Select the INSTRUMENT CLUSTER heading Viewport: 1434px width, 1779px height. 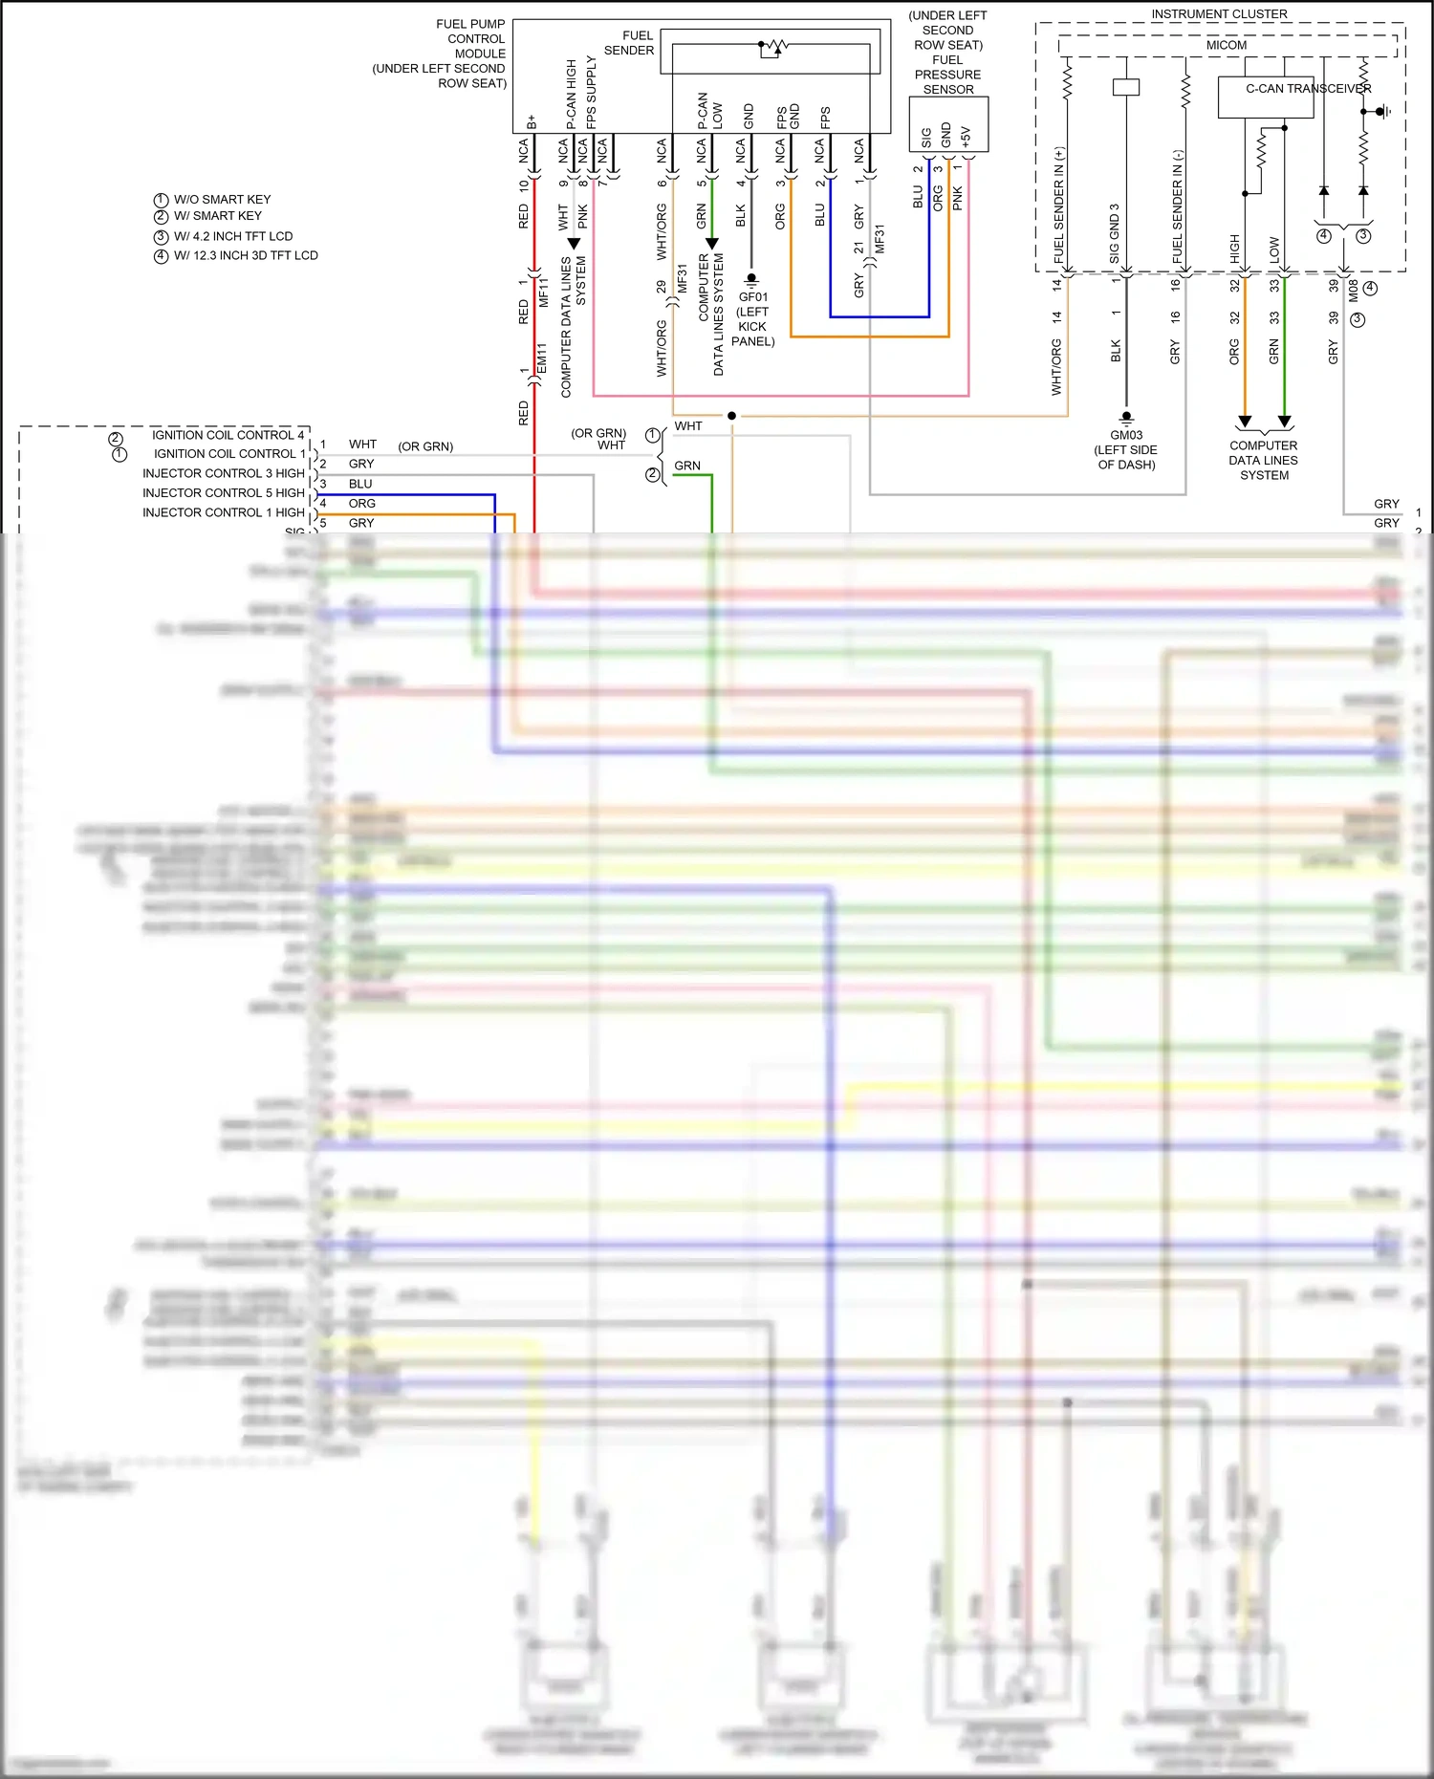1219,14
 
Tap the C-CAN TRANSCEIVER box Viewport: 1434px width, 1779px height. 1265,97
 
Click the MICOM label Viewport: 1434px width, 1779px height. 1226,45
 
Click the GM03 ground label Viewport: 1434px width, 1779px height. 1126,436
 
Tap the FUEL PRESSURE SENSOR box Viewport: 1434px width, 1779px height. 947,124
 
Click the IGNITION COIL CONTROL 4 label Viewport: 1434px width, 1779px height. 228,435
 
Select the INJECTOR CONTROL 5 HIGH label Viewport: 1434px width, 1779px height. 223,493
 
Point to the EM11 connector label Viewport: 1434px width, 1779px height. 542,359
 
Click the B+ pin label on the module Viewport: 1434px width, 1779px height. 532,122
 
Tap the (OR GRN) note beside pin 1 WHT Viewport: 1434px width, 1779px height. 425,446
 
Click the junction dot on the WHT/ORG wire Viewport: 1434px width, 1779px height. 731,416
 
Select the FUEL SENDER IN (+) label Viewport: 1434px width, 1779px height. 1059,206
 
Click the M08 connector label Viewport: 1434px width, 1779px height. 1354,290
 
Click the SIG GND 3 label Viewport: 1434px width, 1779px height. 1115,233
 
